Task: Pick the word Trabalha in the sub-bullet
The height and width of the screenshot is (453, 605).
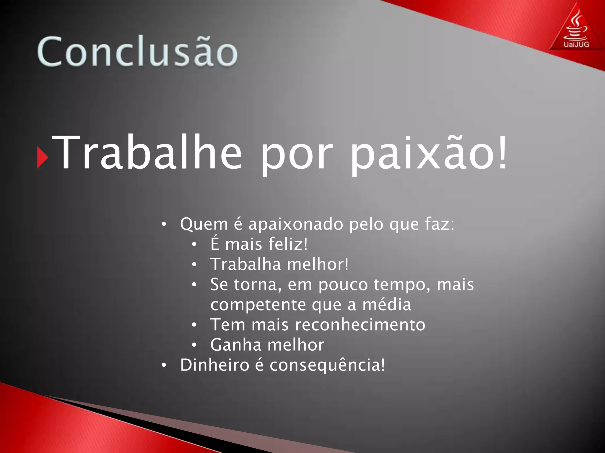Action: [245, 264]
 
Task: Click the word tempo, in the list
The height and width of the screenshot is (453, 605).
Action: [402, 285]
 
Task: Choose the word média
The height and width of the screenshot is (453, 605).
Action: [387, 305]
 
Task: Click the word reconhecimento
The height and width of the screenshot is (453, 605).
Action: [360, 325]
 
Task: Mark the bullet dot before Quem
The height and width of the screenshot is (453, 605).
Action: [164, 225]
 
